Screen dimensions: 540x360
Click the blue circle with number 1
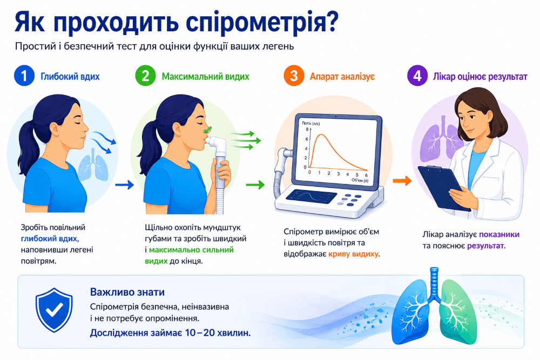24,76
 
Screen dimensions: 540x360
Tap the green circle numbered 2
145,76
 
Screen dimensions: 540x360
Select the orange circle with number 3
294,76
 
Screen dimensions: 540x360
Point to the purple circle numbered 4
417,76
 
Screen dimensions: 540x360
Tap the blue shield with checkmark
54,310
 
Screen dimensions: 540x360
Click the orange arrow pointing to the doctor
402,180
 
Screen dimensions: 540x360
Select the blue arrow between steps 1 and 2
124,185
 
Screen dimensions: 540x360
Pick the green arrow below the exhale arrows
255,185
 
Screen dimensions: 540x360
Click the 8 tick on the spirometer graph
307,130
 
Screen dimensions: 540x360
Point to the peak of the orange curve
321,134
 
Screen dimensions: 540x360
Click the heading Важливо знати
127,292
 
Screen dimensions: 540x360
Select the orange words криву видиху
353,254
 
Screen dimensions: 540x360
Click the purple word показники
499,234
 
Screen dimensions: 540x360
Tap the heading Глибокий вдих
70,77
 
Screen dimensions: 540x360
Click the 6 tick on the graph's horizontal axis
366,175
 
